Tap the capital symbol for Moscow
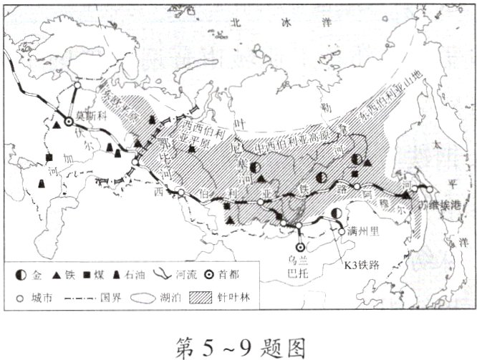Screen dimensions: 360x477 click(69, 122)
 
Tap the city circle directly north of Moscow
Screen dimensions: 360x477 click(77, 85)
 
